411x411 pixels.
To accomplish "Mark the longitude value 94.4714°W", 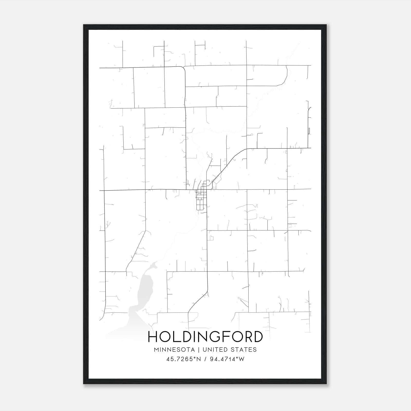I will coord(227,359).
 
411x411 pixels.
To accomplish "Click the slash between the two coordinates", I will coord(205,359).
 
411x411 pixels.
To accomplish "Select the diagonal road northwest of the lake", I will coord(136,249).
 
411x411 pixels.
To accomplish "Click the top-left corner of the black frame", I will coord(84,25).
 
